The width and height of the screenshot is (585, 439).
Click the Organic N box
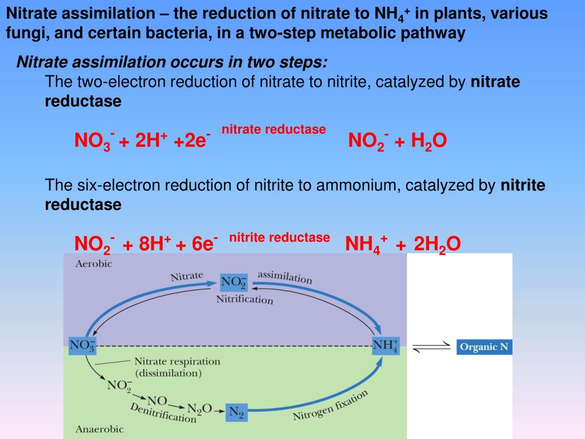(484, 347)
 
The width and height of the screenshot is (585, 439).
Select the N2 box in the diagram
(236, 412)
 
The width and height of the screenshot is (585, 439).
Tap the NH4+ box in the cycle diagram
(386, 346)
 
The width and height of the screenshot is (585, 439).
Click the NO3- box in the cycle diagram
(82, 346)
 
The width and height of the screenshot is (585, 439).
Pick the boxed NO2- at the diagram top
(234, 282)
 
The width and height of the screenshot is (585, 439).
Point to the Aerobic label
(94, 264)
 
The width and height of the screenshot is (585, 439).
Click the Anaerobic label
(99, 429)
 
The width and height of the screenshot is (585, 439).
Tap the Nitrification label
(245, 300)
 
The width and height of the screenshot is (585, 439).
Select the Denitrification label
(163, 413)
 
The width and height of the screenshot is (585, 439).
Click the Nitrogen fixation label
(330, 405)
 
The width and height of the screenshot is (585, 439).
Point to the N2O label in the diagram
(200, 409)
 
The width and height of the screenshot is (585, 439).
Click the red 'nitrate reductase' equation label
(274, 130)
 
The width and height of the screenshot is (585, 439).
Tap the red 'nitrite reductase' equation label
(279, 237)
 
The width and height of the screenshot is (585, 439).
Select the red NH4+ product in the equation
(366, 245)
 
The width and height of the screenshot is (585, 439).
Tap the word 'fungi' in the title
(23, 33)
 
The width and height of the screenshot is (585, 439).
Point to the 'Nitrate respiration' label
(177, 361)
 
